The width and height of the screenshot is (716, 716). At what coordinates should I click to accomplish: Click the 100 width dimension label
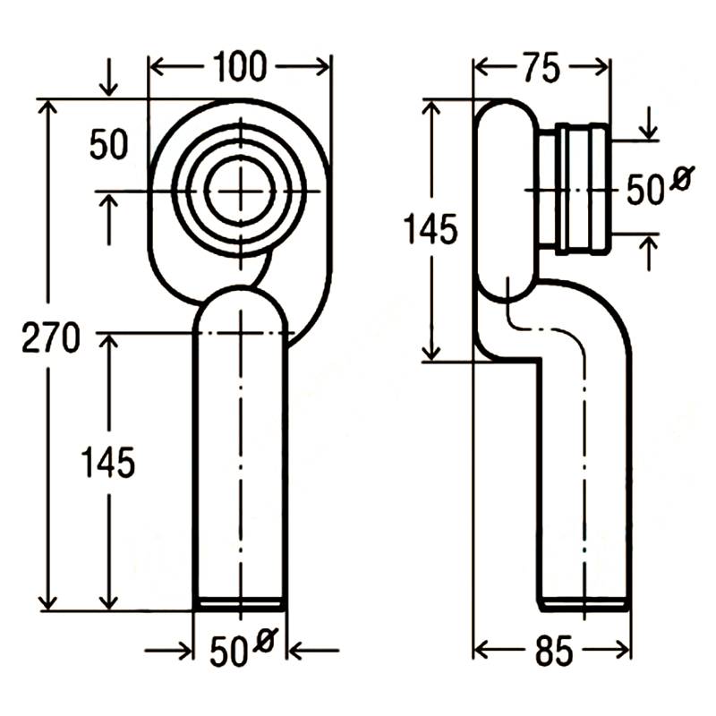pos(240,67)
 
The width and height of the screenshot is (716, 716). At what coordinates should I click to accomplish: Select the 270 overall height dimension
pos(51,337)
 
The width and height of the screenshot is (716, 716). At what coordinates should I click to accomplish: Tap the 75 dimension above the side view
pos(542,68)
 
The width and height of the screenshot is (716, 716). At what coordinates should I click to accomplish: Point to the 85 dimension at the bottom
pos(553,651)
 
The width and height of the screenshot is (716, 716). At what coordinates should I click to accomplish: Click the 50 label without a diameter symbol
pos(108,144)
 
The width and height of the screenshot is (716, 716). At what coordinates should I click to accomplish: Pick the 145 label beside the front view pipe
pos(108,463)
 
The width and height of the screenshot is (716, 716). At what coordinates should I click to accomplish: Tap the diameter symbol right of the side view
pos(682,177)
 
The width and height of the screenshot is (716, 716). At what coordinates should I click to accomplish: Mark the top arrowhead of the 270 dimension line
pos(48,107)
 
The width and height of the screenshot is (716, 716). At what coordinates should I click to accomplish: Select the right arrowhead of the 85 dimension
pos(623,650)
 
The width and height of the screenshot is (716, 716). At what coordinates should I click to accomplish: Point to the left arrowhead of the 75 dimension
pos(482,68)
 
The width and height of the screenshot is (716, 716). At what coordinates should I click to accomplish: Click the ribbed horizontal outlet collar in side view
pos(582,189)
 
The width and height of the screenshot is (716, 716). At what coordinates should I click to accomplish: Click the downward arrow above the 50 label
pos(108,77)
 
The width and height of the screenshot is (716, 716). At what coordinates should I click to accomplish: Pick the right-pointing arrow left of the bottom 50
pos(168,651)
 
